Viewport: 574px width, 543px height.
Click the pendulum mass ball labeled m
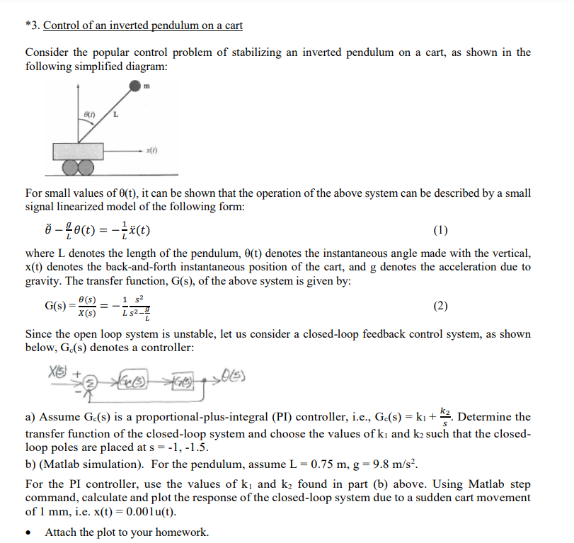[x=135, y=86]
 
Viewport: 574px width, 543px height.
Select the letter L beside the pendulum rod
[x=115, y=115]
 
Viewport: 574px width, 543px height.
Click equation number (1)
[x=440, y=230]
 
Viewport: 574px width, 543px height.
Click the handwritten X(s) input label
[x=58, y=368]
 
